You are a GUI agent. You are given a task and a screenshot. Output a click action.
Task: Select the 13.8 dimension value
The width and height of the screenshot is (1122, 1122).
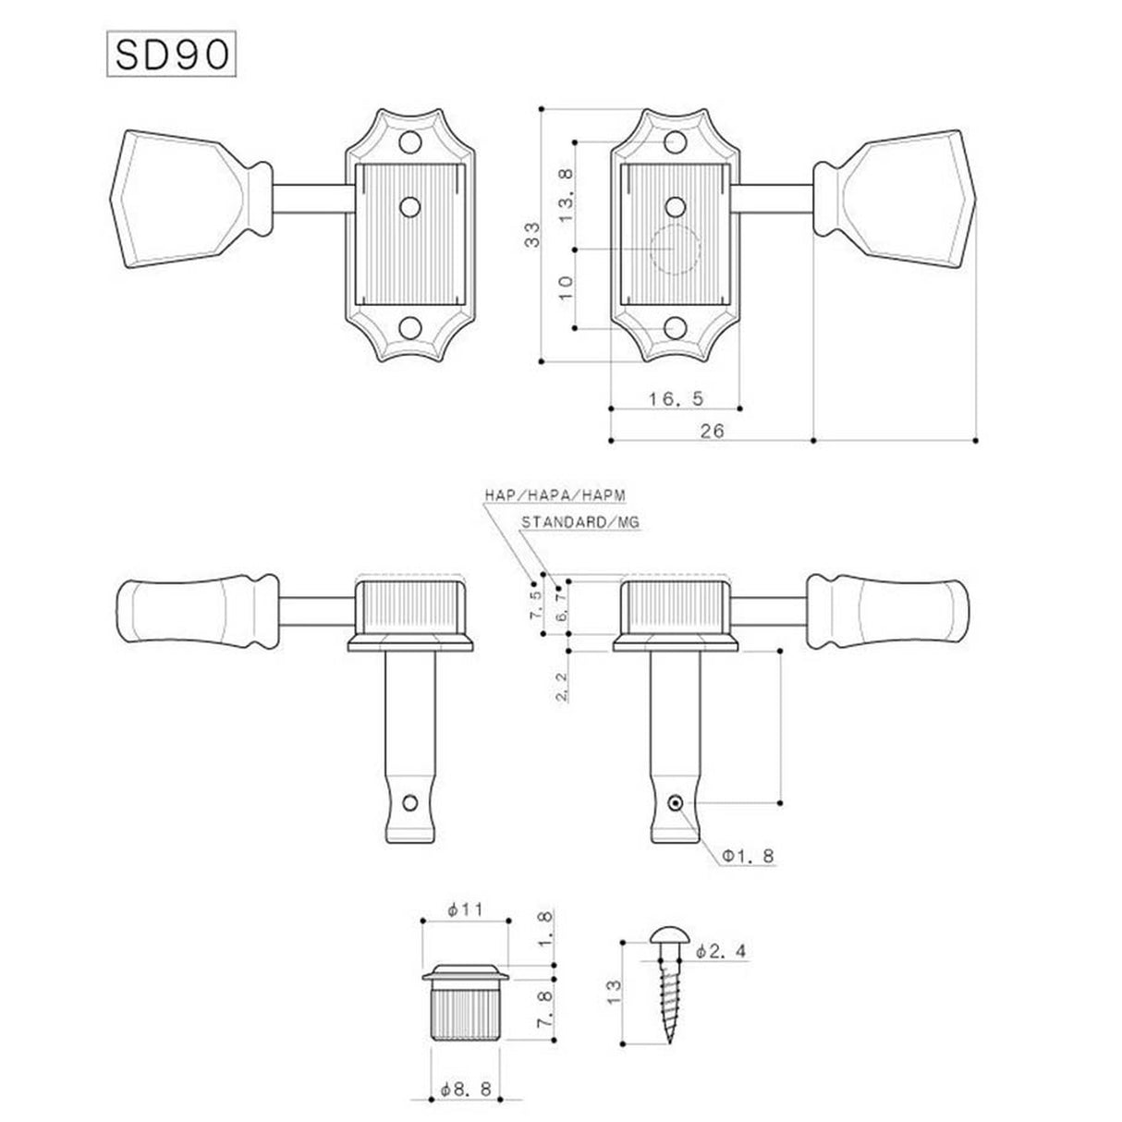click(x=567, y=190)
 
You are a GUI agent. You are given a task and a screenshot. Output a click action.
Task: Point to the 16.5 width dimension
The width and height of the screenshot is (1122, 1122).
click(x=675, y=398)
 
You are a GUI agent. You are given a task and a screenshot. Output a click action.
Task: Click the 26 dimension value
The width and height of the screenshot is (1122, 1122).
click(x=712, y=431)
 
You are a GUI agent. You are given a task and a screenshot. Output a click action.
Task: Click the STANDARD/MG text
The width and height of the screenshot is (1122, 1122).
click(x=579, y=522)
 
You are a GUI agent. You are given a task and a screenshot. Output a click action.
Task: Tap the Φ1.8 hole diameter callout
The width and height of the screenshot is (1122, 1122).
click(x=747, y=857)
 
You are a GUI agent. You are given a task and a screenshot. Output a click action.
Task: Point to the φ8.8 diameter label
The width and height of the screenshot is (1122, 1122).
click(x=465, y=1091)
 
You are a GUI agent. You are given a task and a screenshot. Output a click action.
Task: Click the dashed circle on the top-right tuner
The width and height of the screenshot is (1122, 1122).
click(x=675, y=249)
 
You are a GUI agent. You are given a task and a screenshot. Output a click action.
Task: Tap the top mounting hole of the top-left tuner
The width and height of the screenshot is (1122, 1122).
click(x=409, y=143)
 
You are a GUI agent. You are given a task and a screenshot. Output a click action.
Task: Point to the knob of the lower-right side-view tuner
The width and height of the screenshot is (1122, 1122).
click(x=889, y=607)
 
